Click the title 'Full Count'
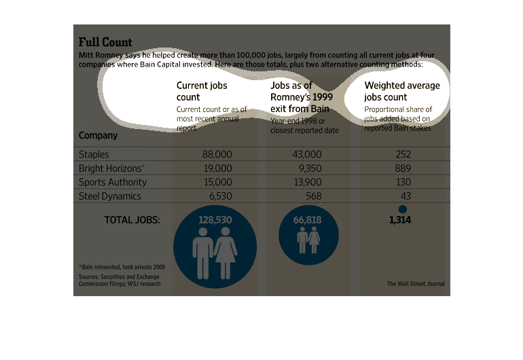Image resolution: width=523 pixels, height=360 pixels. [x=105, y=42]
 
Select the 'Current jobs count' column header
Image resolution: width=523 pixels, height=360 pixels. [x=202, y=92]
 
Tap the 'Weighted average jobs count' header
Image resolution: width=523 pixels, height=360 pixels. [x=402, y=92]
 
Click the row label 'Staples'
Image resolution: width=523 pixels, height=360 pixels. [x=94, y=155]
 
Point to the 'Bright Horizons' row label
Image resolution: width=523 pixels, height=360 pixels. [x=111, y=168]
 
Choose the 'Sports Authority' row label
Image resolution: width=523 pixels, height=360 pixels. [x=113, y=182]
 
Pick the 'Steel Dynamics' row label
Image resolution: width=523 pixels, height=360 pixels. [x=110, y=196]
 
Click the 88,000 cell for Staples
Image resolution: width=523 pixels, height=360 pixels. [x=217, y=155]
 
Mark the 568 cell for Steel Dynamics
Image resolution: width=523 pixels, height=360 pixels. [x=313, y=196]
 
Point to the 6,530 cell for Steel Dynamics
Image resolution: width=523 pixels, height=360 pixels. [x=217, y=196]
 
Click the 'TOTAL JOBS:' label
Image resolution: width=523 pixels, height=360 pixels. [x=132, y=220]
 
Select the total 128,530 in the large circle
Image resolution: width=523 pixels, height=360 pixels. [x=215, y=220]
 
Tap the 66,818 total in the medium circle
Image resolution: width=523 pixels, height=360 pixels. [x=309, y=221]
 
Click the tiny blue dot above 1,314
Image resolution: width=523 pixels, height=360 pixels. [x=402, y=210]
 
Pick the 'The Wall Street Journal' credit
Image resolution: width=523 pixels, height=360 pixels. [x=416, y=284]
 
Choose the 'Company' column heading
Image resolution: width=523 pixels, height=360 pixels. [x=98, y=135]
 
